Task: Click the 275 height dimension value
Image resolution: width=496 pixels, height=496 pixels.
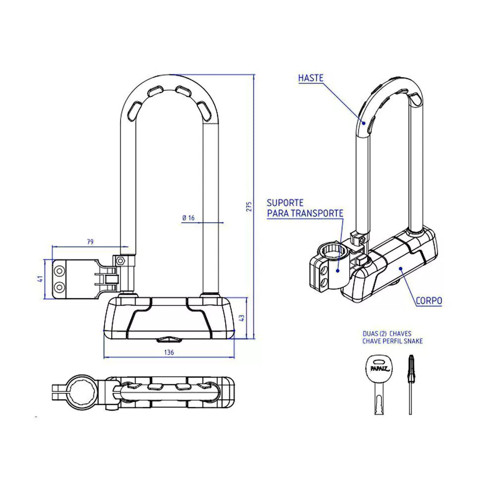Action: pos(249,206)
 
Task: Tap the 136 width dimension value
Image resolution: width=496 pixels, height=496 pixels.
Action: pos(169,352)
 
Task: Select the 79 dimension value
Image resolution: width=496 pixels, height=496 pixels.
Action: pos(90,242)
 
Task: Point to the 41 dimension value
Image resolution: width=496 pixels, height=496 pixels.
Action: pos(40,279)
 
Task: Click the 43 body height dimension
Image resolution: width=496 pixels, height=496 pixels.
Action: pos(242,317)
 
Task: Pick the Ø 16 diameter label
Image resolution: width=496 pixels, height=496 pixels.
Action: pos(188,218)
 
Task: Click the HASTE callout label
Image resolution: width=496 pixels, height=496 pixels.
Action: pos(310,78)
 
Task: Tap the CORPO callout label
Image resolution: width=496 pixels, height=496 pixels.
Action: pos(429,301)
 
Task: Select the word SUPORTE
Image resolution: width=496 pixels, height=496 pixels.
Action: pos(285,203)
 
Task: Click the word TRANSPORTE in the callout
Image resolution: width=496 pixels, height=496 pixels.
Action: pos(317,213)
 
